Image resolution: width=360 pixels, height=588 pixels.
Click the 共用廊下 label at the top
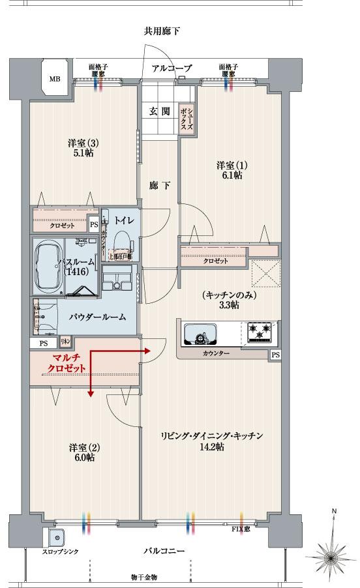tap(162, 31)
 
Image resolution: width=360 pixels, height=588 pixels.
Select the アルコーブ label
tap(172, 68)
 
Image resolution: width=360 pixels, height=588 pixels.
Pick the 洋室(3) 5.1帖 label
tap(82, 148)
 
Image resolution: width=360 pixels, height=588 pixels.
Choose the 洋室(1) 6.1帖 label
tap(230, 170)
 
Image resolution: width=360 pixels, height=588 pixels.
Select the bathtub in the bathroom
tap(48, 268)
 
